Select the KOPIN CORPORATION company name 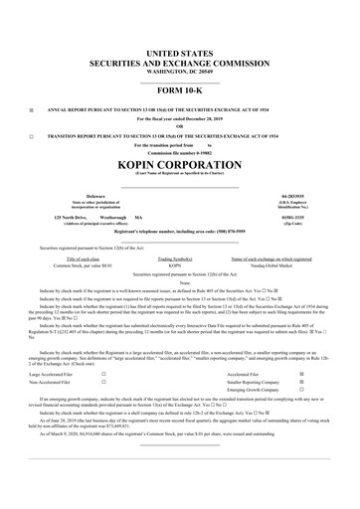[180, 163]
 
